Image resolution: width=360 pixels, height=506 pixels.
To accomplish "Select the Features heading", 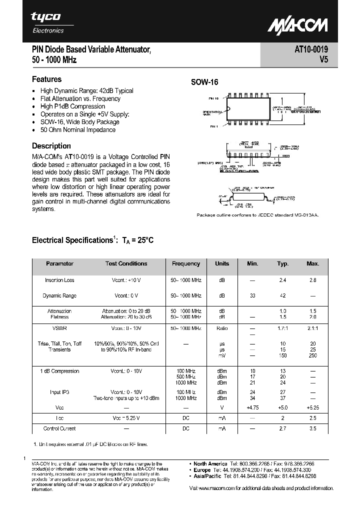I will coord(46,79).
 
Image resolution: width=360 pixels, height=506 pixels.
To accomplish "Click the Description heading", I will coord(51,146).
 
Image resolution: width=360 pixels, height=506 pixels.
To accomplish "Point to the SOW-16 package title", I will coord(205,83).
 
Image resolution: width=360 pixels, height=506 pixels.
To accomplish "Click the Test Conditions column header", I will coord(126,263).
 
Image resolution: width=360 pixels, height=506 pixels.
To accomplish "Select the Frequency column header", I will coord(185,263).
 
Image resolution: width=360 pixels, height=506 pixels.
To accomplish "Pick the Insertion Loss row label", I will coord(59,280).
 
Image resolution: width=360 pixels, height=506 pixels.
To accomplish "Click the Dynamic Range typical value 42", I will coord(283,295).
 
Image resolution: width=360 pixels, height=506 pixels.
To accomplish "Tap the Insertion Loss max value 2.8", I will coord(312,280).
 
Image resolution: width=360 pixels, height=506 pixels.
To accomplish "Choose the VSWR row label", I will coord(59,328).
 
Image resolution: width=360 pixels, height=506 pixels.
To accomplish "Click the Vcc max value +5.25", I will coord(312,407).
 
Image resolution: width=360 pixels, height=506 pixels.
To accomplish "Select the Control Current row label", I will coord(59,428).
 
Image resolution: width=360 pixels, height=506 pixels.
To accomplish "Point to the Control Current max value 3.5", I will coord(312,428).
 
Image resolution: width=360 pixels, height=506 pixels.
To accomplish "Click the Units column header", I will coord(222,263).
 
